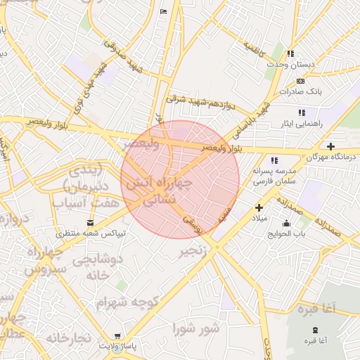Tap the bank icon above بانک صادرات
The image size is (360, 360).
[301, 81]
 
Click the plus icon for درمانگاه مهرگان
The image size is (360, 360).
[331, 146]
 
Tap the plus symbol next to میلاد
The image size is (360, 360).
[259, 207]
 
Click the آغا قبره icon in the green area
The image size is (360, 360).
[314, 330]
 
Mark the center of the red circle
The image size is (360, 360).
[180, 180]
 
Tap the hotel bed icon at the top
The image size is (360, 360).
[164, 12]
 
